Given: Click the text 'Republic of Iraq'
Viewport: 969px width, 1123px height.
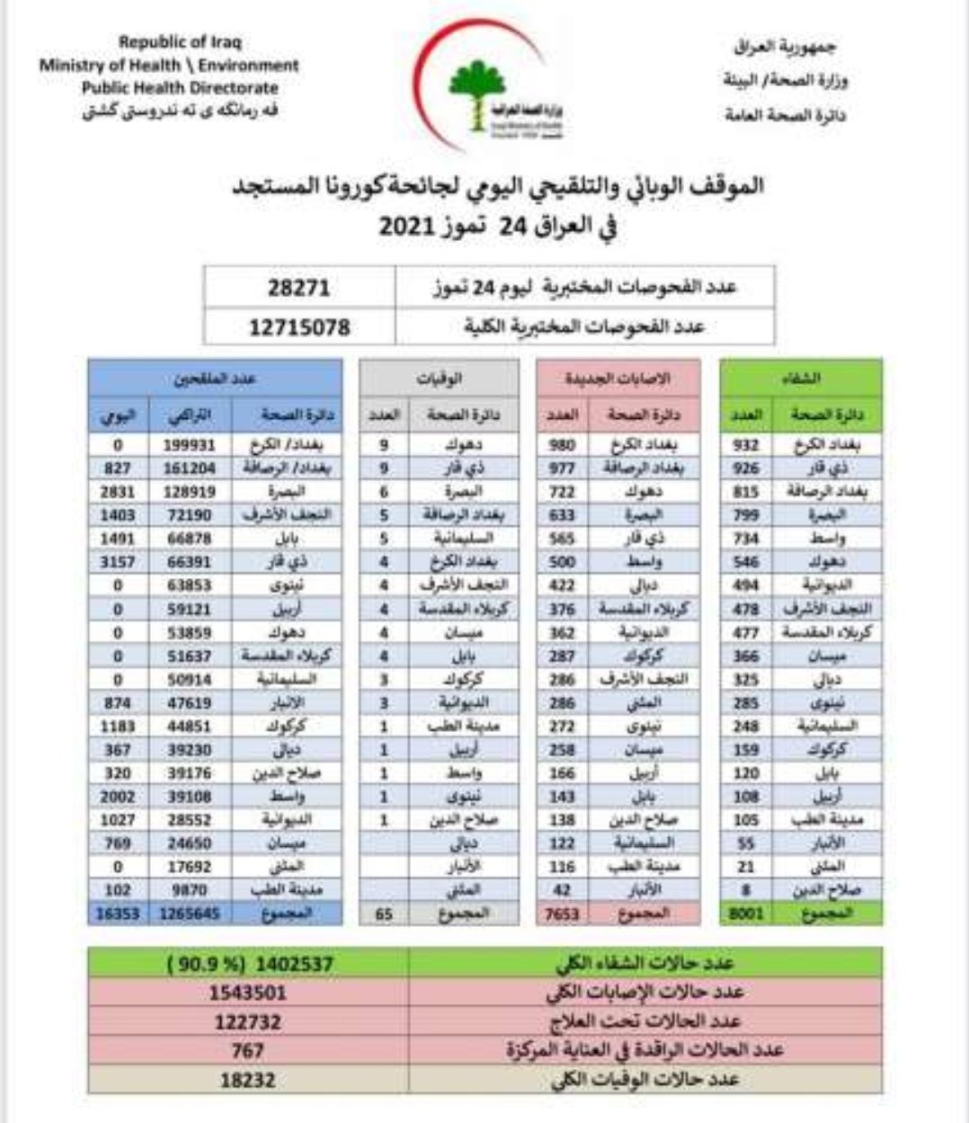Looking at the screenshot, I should (x=180, y=41).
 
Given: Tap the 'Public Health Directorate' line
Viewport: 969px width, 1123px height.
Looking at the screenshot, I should (x=180, y=88).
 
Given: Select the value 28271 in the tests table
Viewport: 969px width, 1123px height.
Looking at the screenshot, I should (x=298, y=288).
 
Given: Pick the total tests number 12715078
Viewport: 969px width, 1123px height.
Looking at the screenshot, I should (x=298, y=326).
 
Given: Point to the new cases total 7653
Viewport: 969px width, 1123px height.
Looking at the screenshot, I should (x=563, y=914).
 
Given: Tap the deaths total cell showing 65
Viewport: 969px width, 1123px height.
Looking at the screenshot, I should (x=384, y=914).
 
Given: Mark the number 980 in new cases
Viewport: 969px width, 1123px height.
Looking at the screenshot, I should (x=563, y=445).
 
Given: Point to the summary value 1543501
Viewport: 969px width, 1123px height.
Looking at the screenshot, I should (x=247, y=993).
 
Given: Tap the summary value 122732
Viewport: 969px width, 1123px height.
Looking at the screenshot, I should (x=247, y=1021).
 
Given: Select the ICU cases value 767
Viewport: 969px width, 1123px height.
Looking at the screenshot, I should (x=247, y=1050).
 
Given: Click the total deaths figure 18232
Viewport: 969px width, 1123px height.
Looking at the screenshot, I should (x=247, y=1080).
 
